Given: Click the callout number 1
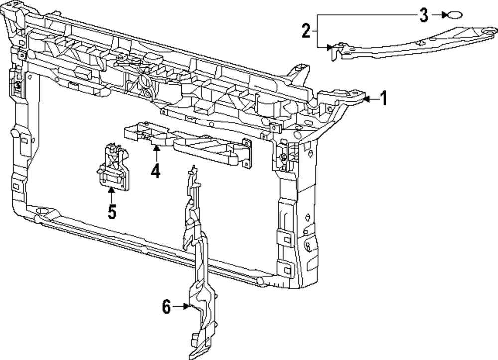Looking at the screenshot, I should [383, 98].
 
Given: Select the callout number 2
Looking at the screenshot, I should [306, 31].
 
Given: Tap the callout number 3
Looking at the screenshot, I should [423, 15].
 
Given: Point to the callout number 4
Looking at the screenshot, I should [156, 171].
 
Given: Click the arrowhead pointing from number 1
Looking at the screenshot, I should [366, 99].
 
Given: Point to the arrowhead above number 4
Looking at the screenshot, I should [156, 148].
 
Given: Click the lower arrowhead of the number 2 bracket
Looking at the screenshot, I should [329, 47].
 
